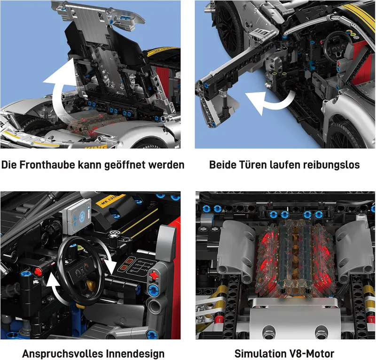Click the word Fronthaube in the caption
pyautogui.click(x=47, y=165)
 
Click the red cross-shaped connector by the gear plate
pyautogui.click(x=154, y=275)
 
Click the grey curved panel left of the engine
pyautogui.click(x=236, y=250)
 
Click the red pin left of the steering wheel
pyautogui.click(x=38, y=272)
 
